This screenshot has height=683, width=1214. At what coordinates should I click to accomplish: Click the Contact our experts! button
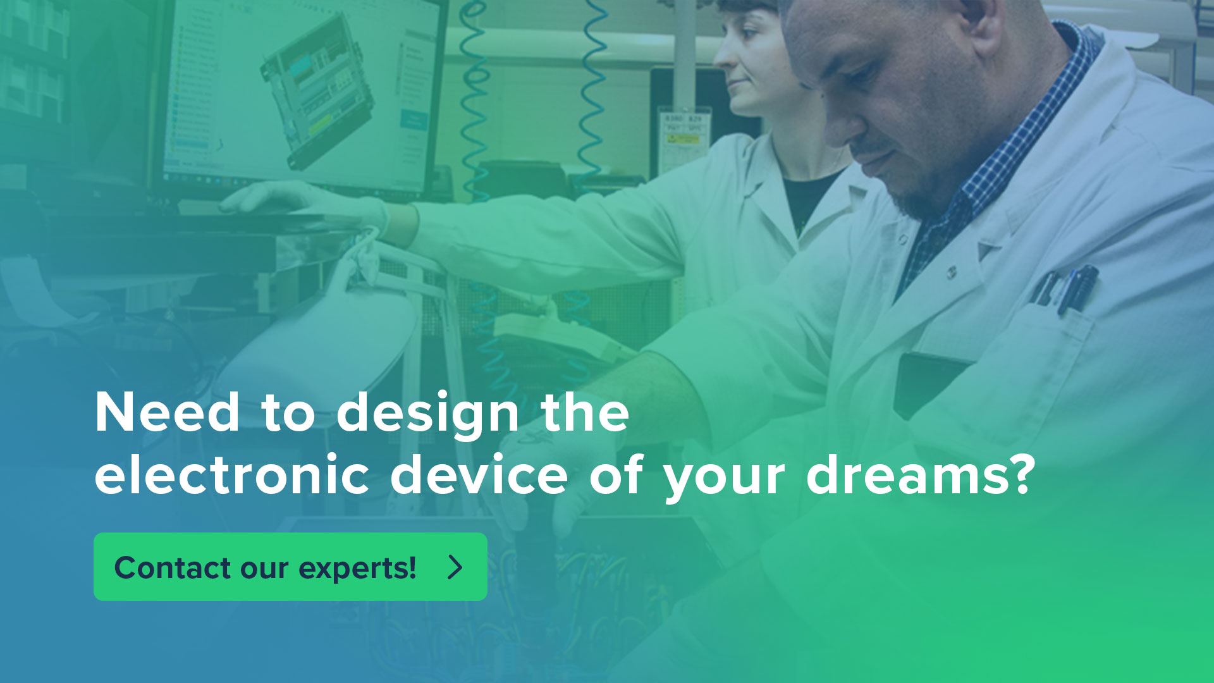tap(290, 567)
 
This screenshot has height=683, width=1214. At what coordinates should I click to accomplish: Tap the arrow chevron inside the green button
tap(455, 567)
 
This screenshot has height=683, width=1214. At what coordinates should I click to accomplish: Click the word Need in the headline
tap(167, 412)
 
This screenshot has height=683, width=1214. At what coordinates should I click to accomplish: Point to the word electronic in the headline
tap(231, 475)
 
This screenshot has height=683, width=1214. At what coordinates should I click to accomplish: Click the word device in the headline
tap(479, 475)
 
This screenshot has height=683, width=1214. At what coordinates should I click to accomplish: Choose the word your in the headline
tap(725, 481)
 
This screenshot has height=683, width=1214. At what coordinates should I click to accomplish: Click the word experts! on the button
tap(357, 569)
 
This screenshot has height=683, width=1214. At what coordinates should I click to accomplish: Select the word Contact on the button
tap(173, 567)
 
